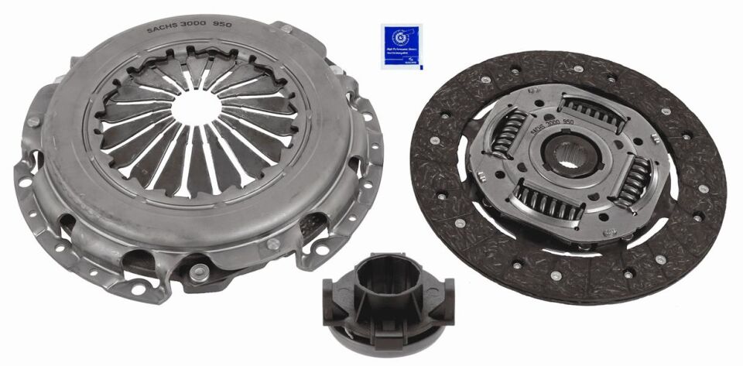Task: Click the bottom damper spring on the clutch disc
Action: click(549, 203)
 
